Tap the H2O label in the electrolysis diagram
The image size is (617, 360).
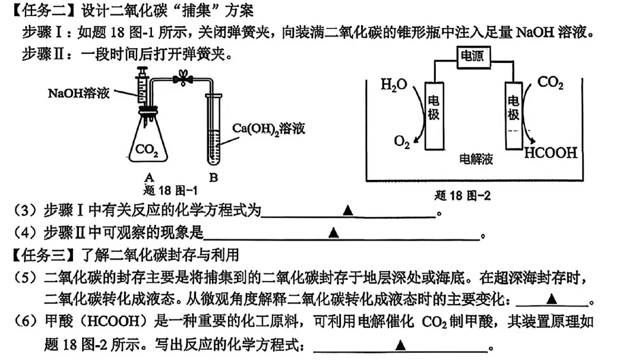(x=394, y=86)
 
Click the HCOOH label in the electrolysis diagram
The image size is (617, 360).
(x=550, y=153)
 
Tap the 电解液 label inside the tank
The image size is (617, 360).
(x=476, y=159)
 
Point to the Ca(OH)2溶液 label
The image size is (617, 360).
(x=269, y=127)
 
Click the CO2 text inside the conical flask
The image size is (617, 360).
(x=147, y=150)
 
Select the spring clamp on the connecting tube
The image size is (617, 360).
(x=183, y=79)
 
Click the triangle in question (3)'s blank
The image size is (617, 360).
(x=347, y=211)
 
